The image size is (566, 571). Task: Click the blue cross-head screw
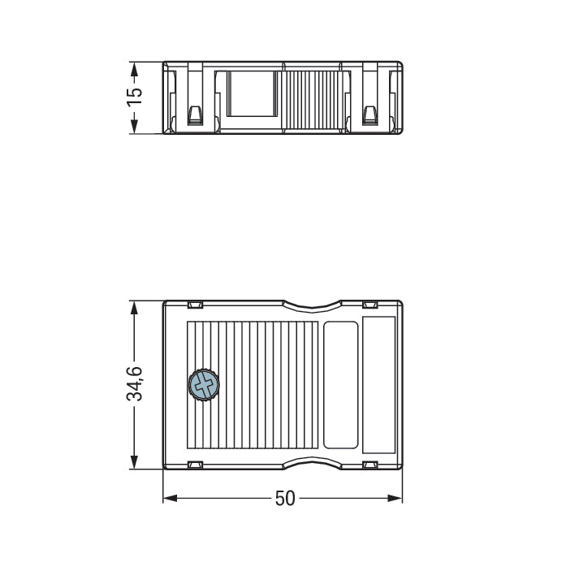pos(203,385)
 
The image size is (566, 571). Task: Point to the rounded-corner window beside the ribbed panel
pos(340,385)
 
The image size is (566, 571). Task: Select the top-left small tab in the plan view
pos(195,305)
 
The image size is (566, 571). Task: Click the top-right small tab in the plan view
pos(370,305)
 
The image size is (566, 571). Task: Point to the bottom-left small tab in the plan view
pos(195,465)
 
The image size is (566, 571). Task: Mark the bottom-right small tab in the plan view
pos(370,465)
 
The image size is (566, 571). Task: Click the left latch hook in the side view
pos(195,115)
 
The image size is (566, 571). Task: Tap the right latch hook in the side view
pos(370,115)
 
